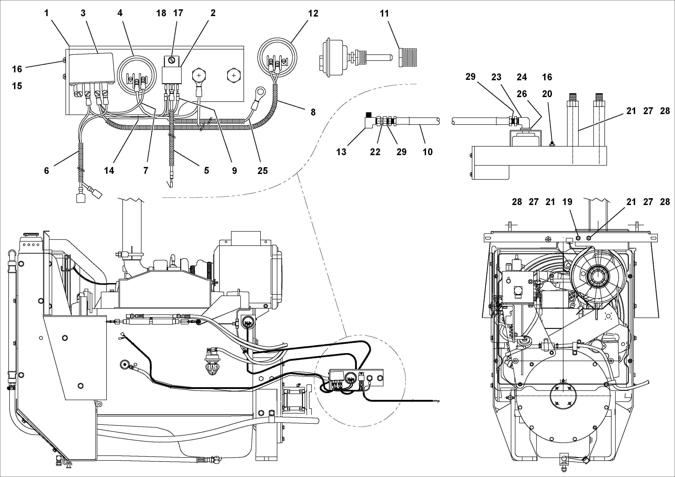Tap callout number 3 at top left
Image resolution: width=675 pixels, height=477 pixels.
[83, 13]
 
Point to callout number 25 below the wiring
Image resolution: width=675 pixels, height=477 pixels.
[263, 171]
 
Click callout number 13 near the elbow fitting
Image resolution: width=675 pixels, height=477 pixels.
[341, 152]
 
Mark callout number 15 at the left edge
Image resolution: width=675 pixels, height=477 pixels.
[17, 86]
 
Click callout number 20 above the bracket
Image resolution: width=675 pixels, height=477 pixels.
[547, 94]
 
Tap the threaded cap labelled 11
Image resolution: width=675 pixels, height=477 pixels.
[408, 58]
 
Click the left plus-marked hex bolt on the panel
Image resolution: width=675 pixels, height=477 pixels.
[199, 76]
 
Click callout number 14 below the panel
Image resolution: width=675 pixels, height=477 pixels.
[109, 171]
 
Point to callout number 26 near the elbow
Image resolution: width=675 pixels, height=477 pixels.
[522, 94]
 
